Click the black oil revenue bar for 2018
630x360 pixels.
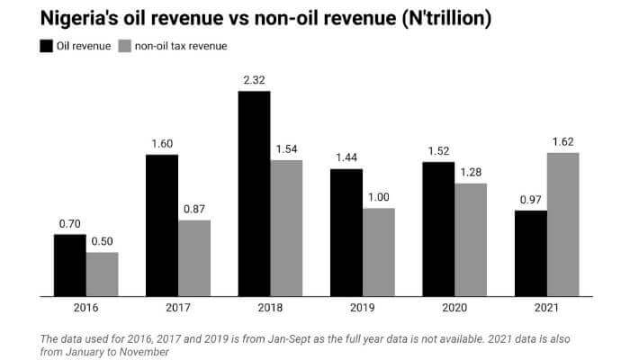coord(254,193)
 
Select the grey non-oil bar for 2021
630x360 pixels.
coord(562,224)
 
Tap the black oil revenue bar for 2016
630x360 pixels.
coord(70,265)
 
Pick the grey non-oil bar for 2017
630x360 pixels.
coord(194,257)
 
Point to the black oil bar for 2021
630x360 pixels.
coord(530,253)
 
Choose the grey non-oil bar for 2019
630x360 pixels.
coord(378,252)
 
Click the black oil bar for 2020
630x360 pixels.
coord(438,229)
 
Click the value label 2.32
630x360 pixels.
coord(254,81)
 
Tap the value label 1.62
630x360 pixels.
coord(562,142)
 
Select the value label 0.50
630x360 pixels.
coord(103,242)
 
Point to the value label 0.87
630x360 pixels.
coord(194,210)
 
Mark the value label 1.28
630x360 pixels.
coord(471,173)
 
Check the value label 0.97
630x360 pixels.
coord(530,200)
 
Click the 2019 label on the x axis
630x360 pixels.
coord(362,308)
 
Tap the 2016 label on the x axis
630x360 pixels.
coord(86,308)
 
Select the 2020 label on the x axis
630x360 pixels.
coord(454,308)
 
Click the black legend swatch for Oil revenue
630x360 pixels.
coord(44,46)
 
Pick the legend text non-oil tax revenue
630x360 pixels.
coord(179,46)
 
